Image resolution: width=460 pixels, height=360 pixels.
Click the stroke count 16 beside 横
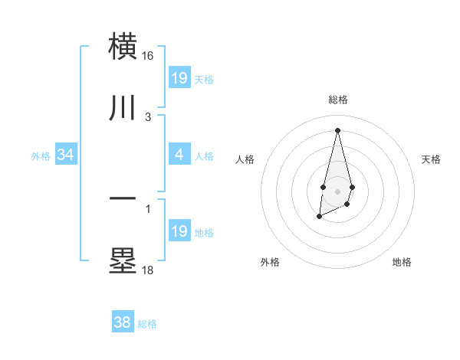148,56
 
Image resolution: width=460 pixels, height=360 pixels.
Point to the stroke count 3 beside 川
148,117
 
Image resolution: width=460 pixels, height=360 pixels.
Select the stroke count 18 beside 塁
148,270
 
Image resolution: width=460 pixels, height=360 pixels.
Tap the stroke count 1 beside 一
148,208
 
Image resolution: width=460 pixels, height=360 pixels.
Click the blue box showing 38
123,322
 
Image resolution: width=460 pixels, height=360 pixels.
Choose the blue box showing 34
66,155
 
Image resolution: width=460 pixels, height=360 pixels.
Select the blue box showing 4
179,155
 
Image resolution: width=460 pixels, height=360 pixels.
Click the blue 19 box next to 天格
179,77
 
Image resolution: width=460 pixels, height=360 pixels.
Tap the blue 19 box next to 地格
179,231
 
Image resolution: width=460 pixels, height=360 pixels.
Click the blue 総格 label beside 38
147,324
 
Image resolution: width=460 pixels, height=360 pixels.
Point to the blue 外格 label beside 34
41,155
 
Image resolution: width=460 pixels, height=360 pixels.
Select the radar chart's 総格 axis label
337,100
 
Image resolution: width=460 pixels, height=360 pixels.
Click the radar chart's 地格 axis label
402,263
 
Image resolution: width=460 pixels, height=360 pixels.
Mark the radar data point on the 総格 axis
337,129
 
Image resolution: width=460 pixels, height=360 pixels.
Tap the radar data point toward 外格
319,218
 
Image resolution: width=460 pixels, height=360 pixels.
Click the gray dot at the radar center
337,190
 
